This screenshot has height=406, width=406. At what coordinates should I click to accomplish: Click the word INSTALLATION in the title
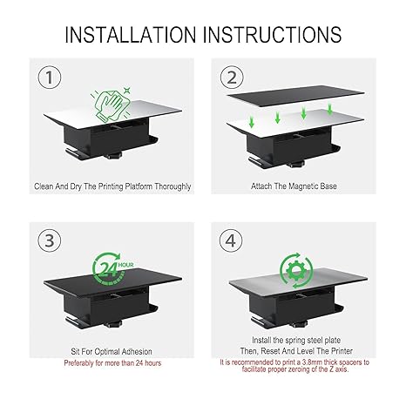(131, 35)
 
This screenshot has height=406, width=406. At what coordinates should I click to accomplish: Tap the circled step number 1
(50, 78)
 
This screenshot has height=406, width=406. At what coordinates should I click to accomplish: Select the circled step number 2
(232, 78)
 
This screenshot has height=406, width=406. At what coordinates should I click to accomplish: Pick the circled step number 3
(50, 240)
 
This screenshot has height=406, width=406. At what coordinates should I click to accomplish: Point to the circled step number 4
(231, 240)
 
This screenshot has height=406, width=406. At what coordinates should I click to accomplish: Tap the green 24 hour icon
(112, 268)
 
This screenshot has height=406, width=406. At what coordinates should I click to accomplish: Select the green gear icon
(296, 271)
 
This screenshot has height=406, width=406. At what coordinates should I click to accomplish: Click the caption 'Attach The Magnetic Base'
(294, 186)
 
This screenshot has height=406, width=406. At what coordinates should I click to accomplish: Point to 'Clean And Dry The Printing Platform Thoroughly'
(112, 186)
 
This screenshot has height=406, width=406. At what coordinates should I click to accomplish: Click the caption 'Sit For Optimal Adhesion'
(112, 351)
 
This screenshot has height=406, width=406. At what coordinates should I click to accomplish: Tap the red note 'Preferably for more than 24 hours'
(112, 363)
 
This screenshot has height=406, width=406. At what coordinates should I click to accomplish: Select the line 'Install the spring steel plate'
(296, 340)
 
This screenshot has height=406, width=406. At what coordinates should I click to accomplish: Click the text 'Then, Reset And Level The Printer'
(296, 351)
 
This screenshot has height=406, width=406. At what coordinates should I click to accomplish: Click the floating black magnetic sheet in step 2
(295, 96)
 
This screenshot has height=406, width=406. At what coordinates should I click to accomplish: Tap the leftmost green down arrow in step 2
(252, 122)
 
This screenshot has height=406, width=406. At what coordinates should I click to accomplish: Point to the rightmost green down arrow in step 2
(329, 108)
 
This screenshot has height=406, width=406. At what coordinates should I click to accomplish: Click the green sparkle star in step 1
(126, 91)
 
